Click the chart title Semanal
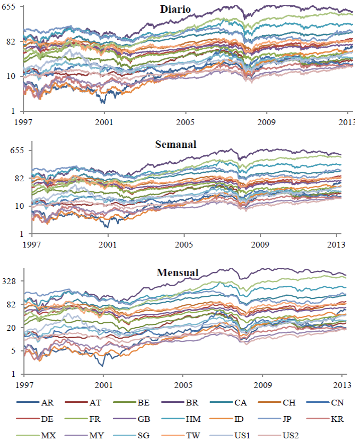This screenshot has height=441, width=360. click(x=177, y=144)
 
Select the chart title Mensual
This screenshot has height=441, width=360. click(x=178, y=273)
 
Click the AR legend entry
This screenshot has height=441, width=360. click(x=47, y=403)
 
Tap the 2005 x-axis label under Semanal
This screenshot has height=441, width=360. click(x=184, y=245)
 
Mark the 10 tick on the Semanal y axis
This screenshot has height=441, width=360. click(x=20, y=206)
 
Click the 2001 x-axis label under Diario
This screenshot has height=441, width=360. click(x=104, y=121)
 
